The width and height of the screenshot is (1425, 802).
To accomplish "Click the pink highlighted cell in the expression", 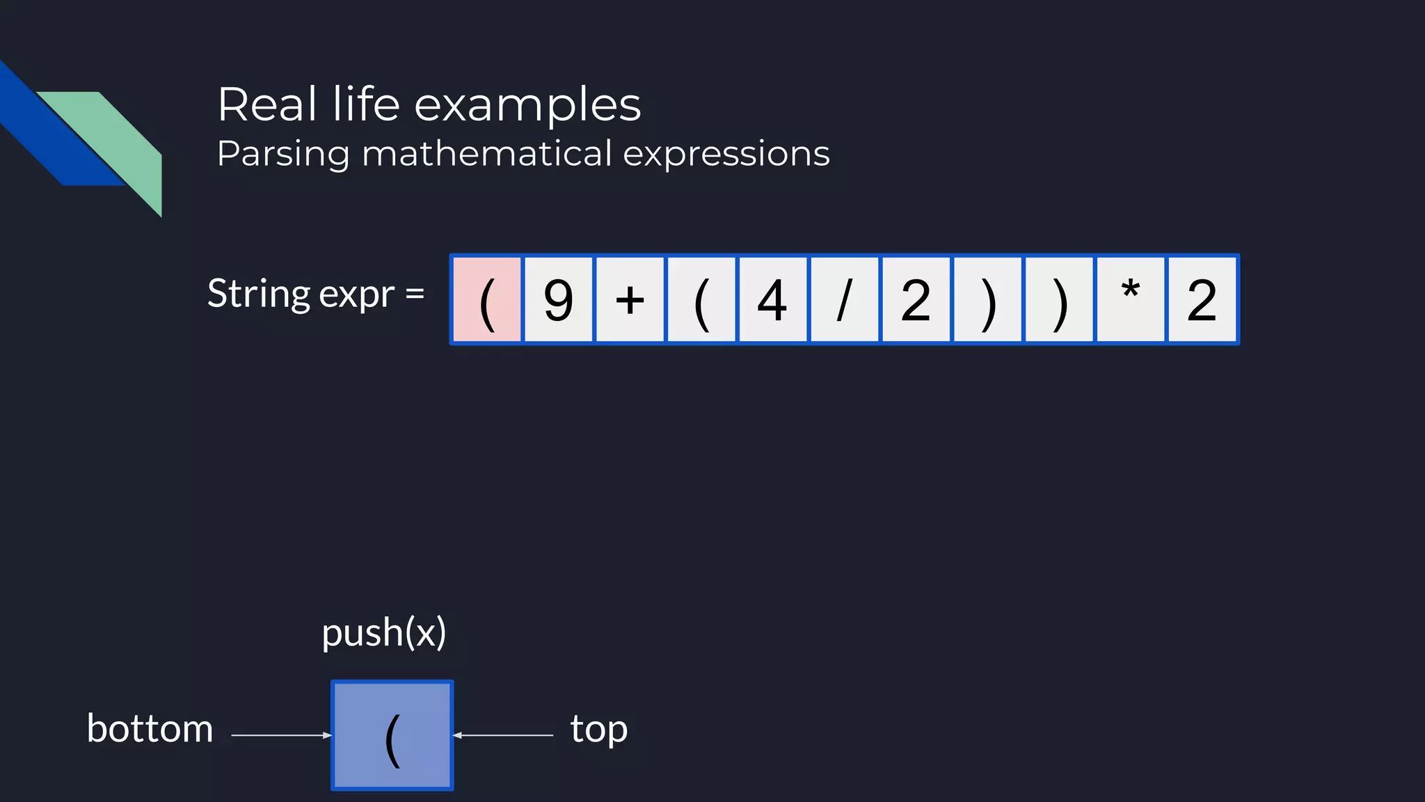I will click(x=487, y=299).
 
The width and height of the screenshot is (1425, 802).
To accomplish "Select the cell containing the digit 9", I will click(x=559, y=299).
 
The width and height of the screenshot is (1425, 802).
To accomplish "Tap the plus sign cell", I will click(x=630, y=299).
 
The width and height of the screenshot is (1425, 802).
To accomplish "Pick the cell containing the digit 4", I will click(x=773, y=299).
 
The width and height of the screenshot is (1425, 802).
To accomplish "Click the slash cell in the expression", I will click(x=844, y=299).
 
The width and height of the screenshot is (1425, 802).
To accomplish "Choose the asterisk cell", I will click(x=1131, y=299).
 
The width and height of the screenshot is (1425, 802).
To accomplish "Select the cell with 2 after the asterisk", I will click(x=1202, y=299).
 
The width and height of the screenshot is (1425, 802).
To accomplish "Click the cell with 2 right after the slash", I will click(x=916, y=299).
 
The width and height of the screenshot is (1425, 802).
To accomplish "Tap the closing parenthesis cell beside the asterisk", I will click(x=1059, y=299).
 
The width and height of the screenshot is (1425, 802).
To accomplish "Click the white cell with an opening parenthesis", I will click(x=701, y=299).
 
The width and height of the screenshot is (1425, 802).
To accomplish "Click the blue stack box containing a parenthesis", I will click(x=392, y=735).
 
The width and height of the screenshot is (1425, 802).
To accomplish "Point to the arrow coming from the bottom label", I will click(x=281, y=735).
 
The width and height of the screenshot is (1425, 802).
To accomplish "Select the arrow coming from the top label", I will click(x=503, y=735).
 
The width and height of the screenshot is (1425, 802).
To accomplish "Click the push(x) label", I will click(x=383, y=633).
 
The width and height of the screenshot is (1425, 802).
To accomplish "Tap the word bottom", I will click(x=150, y=729).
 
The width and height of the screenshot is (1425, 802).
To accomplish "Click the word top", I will click(x=598, y=730).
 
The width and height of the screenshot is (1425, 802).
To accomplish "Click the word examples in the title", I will click(x=527, y=105).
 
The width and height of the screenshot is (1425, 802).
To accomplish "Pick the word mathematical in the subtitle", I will click(x=486, y=154).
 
